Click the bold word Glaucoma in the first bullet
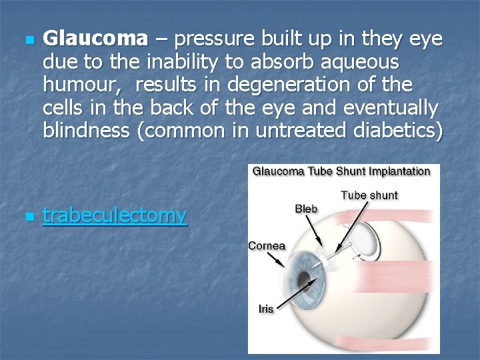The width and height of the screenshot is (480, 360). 95,39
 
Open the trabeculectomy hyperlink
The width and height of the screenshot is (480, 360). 115,215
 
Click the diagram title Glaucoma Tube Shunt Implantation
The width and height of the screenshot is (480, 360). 341,171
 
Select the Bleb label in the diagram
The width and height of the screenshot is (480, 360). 306,209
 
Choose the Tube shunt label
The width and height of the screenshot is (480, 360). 369,195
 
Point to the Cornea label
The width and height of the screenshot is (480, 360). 267,245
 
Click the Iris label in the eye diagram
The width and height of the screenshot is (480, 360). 266,309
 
